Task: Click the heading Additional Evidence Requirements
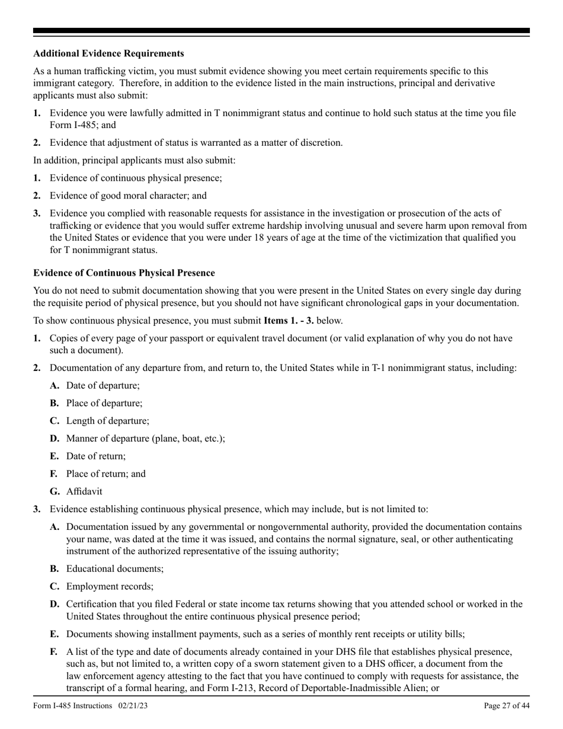[108, 53]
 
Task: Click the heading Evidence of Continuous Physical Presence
[124, 273]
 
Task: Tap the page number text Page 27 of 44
[507, 705]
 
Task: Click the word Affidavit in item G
[84, 491]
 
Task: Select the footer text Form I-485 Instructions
[72, 705]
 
